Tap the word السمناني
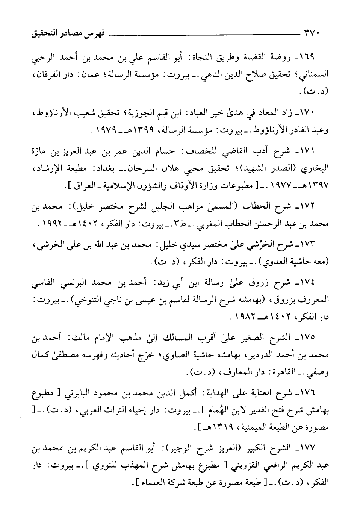313,75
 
